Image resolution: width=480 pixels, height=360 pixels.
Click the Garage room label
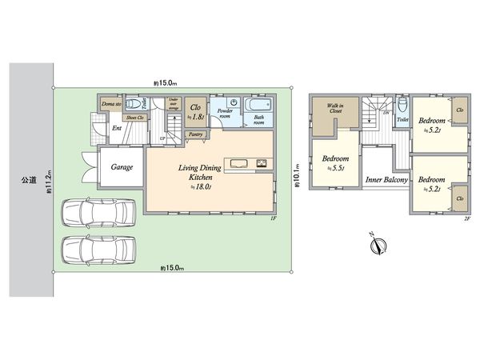pyautogui.click(x=122, y=168)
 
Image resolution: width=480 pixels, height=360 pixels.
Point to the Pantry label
pyautogui.click(x=195, y=135)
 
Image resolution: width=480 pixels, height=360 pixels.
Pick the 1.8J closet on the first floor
pyautogui.click(x=195, y=111)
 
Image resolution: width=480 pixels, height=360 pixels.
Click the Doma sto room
pyautogui.click(x=110, y=104)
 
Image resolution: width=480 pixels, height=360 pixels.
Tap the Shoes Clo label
pyautogui.click(x=134, y=118)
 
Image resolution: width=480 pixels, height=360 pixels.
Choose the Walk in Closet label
pyautogui.click(x=334, y=109)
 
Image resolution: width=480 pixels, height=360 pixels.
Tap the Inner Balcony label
pyautogui.click(x=386, y=180)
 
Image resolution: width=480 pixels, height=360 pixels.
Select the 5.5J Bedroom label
pyautogui.click(x=335, y=163)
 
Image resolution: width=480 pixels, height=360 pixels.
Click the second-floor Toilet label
pyautogui.click(x=402, y=119)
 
